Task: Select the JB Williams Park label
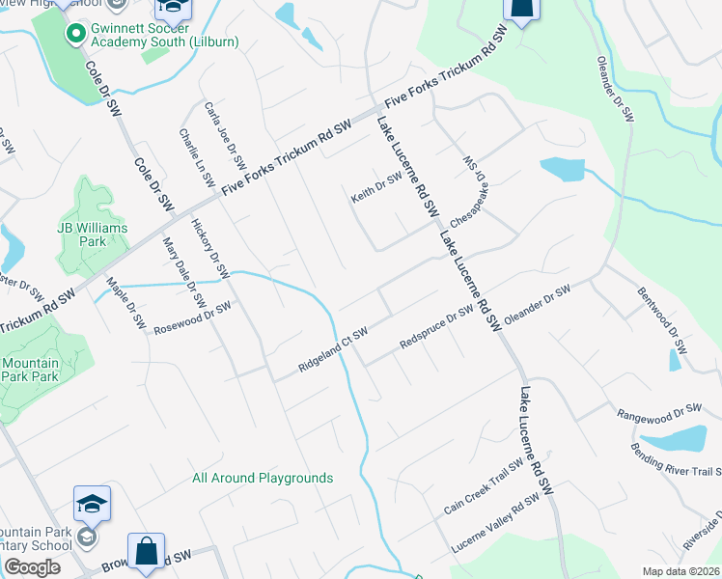point(80,234)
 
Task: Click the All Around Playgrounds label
point(263,478)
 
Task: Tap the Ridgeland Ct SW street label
point(333,350)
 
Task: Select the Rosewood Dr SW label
point(193,318)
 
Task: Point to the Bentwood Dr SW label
point(662,319)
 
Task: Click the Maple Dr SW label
point(125,301)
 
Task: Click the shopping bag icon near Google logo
point(146,553)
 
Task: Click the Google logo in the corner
point(32,567)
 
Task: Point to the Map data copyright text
point(680,571)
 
